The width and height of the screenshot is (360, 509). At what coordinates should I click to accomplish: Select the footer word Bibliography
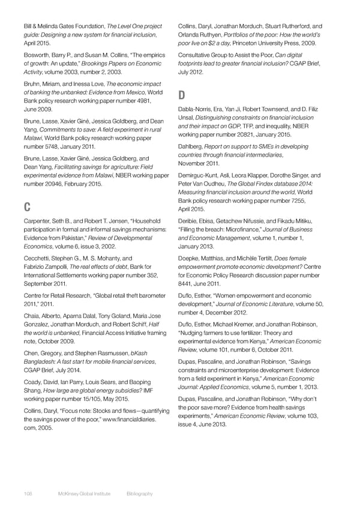coord(140,493)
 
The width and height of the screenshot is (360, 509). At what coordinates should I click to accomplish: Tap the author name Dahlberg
coord(193,146)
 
